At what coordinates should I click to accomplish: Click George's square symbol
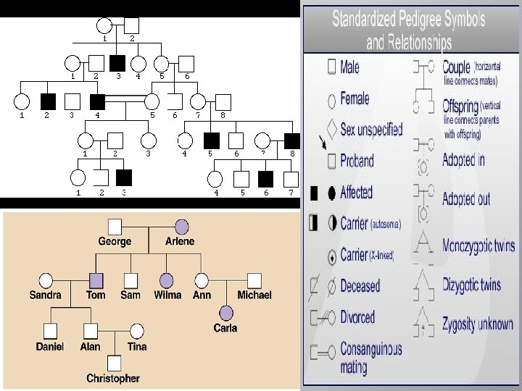[114, 227]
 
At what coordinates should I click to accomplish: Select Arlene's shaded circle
[181, 227]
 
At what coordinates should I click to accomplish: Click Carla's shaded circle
[226, 312]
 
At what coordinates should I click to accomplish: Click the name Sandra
[46, 295]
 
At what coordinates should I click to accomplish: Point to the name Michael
[254, 295]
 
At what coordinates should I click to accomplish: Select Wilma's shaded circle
[167, 279]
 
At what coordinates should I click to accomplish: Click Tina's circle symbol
[136, 331]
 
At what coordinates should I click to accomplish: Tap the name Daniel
[50, 346]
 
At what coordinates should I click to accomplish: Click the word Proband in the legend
[357, 161]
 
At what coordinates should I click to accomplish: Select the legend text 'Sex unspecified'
[371, 130]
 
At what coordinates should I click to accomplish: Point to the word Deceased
[360, 285]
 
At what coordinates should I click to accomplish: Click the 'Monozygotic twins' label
[478, 245]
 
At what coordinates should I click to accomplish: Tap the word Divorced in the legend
[357, 317]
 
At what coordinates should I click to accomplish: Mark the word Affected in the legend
[356, 193]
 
